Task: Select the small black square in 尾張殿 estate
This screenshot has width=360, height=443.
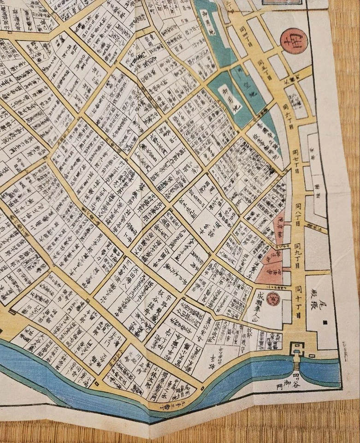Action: pos(326,321)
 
